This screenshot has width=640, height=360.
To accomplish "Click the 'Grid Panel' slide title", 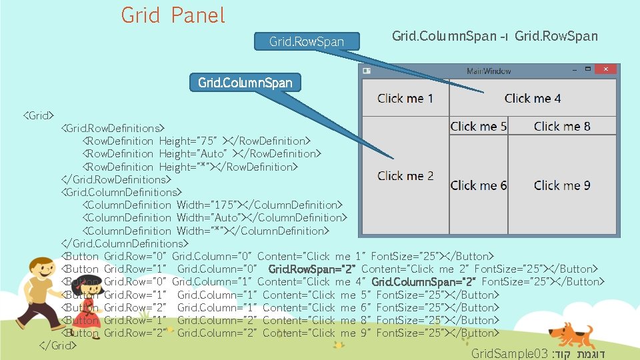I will (x=173, y=15).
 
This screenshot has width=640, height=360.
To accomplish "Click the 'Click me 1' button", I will (x=405, y=98).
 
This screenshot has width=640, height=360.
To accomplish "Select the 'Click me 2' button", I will (x=405, y=176).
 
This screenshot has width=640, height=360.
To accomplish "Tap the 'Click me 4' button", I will (x=532, y=98).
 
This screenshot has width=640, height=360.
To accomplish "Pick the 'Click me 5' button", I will (x=478, y=126).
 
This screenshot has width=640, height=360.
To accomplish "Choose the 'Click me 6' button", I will (x=478, y=185).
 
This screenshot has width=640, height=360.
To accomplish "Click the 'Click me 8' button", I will (x=561, y=126).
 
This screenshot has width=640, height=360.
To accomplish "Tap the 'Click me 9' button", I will (x=561, y=185).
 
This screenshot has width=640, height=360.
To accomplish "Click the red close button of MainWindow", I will (x=605, y=69).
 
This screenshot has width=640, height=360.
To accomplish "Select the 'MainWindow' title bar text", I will (x=489, y=70).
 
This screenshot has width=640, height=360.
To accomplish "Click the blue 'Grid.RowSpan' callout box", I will (x=307, y=41).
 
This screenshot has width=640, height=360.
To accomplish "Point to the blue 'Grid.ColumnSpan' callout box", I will (x=245, y=83).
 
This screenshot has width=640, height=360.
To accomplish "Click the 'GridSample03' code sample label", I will (x=509, y=353).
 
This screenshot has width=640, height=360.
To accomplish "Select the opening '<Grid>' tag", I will (x=39, y=115).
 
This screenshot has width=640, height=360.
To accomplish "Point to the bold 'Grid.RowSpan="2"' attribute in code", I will (x=311, y=269).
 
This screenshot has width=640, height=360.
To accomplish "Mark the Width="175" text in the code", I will (x=207, y=205).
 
